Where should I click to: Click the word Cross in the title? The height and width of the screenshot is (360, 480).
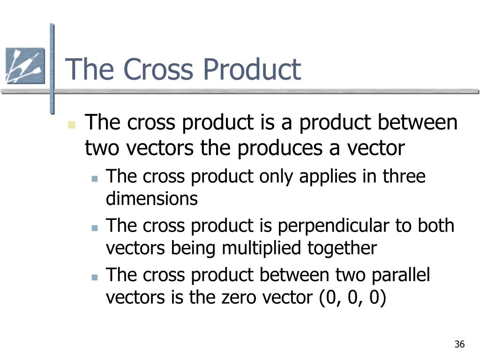click(158, 69)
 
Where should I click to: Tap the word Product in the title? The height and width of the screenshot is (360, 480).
click(252, 69)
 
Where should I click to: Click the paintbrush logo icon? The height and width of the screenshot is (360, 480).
click(25, 66)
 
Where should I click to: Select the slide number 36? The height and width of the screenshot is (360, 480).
click(459, 344)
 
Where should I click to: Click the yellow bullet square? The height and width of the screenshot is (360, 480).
click(72, 125)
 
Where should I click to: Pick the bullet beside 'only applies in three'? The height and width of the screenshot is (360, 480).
click(95, 179)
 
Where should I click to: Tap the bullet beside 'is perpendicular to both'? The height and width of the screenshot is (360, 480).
click(95, 228)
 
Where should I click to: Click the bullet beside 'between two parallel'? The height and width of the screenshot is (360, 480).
click(95, 277)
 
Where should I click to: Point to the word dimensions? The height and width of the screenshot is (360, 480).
click(152, 199)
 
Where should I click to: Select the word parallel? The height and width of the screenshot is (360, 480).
click(401, 275)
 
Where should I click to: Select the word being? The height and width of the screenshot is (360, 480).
click(193, 248)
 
